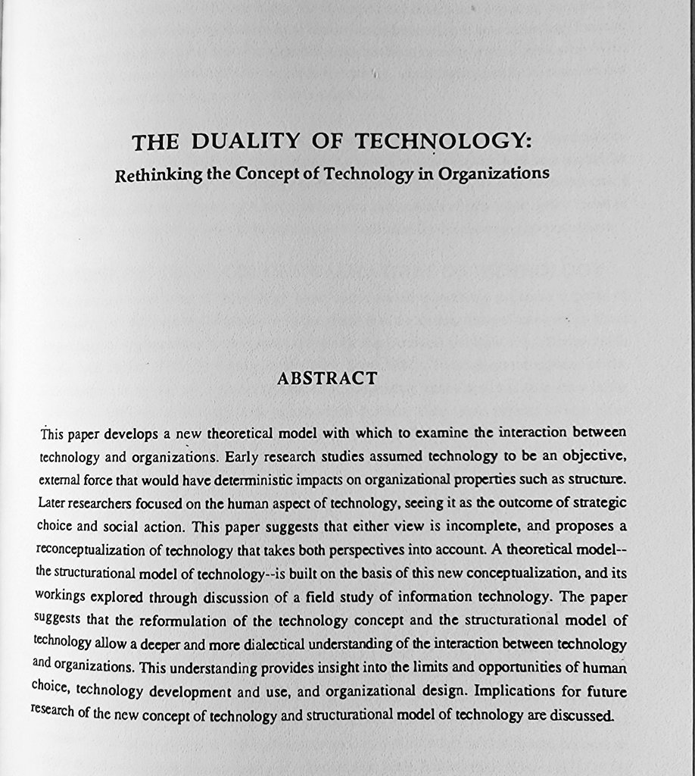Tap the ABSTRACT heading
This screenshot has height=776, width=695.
click(327, 378)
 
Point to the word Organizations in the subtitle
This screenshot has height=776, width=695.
click(499, 174)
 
